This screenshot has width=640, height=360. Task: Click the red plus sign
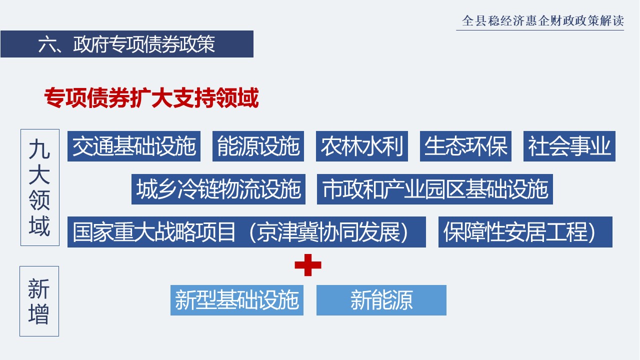[x=307, y=265]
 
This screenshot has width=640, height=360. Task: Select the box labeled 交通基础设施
[x=133, y=146]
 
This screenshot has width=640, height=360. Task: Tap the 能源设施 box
[x=258, y=146]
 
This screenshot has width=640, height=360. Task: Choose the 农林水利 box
[x=361, y=146]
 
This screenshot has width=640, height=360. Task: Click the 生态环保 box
[x=465, y=146]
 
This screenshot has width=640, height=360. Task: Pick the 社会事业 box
[x=569, y=146]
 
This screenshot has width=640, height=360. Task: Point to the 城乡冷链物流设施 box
[x=218, y=189]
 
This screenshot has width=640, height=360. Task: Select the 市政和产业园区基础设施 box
[x=435, y=189]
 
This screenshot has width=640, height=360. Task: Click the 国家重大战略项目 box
[x=246, y=231]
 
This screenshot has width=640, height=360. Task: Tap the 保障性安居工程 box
[x=525, y=231]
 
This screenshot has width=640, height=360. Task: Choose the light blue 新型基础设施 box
[x=237, y=300]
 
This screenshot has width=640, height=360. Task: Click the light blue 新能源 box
[x=381, y=300]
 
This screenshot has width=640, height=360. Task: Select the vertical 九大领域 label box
[x=40, y=187]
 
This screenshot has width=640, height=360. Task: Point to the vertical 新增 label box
[x=39, y=301]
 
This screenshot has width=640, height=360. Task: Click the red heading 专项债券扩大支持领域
[x=151, y=97]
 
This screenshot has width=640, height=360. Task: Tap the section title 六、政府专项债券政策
[x=126, y=44]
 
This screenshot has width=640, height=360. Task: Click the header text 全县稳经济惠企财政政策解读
[x=542, y=20]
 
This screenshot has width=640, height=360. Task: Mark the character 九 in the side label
[x=39, y=148]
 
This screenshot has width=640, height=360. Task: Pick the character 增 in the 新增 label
[x=39, y=314]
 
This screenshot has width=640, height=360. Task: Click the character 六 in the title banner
[x=47, y=44]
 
